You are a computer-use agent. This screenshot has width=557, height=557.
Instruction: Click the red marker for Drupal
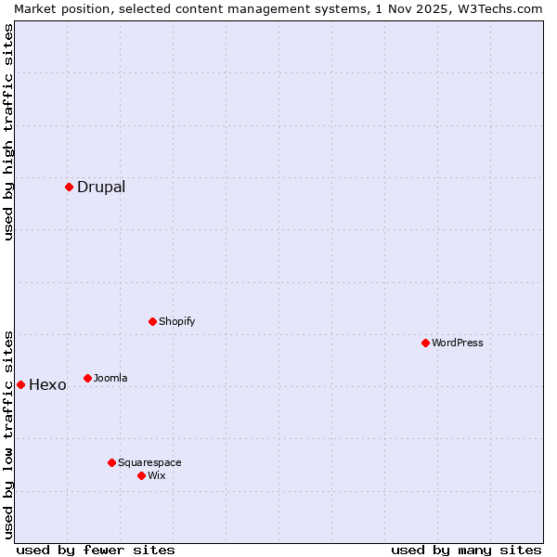(x=69, y=187)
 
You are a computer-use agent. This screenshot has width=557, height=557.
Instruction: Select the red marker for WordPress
(x=425, y=343)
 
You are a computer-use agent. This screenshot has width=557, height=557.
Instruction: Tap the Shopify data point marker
(x=152, y=321)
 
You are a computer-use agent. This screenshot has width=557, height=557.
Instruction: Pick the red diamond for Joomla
(x=87, y=378)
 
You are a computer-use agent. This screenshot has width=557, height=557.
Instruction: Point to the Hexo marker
(x=20, y=384)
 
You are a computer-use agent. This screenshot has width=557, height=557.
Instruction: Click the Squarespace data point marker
(x=111, y=462)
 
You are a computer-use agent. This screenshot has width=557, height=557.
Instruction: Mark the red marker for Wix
(x=141, y=475)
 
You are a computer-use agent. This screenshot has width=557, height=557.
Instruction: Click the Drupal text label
(x=101, y=187)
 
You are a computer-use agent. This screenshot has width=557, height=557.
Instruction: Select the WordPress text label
(x=458, y=343)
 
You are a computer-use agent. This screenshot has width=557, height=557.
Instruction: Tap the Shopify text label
(x=177, y=321)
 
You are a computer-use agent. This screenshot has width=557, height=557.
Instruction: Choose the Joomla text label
(x=110, y=378)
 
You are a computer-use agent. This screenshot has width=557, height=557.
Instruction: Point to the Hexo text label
(x=47, y=385)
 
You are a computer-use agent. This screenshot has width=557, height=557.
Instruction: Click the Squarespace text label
(x=149, y=462)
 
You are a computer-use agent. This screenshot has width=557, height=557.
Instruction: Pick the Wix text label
(x=157, y=475)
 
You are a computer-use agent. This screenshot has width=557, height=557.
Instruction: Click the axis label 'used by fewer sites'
(x=96, y=550)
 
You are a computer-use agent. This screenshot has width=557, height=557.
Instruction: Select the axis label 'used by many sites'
(x=466, y=550)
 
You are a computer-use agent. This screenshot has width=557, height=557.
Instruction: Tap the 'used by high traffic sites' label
(x=8, y=132)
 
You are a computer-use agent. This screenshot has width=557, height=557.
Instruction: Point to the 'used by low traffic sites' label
(x=8, y=434)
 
